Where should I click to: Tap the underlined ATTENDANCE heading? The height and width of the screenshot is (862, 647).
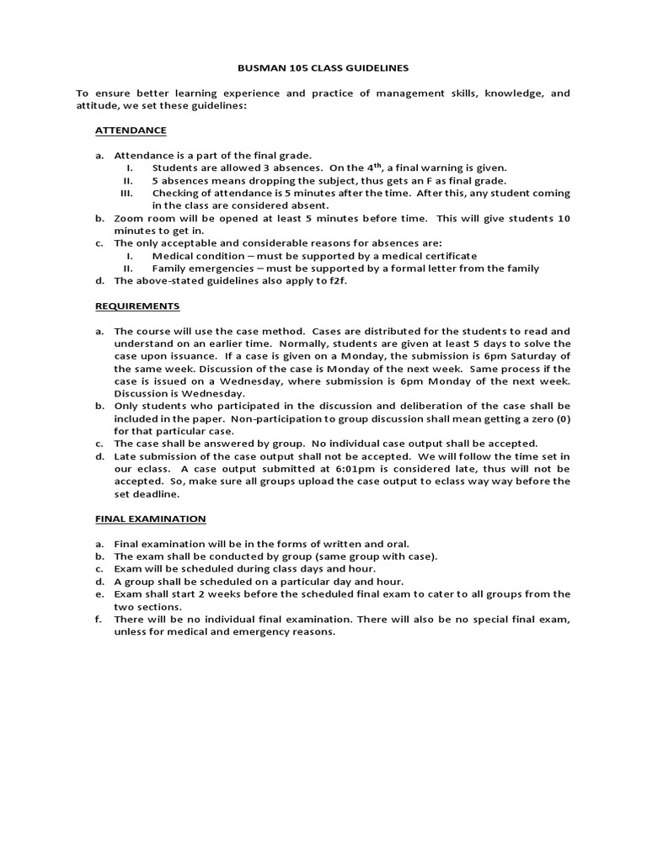point(131,130)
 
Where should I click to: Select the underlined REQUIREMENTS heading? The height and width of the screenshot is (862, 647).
point(137,306)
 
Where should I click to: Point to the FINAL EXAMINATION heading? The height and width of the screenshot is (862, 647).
point(150,519)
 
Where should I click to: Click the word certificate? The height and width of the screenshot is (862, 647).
point(446,255)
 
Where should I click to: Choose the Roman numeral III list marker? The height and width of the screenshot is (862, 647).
point(128,193)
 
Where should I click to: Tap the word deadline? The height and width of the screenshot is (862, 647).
point(152,494)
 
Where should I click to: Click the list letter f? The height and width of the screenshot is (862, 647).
point(98,619)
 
